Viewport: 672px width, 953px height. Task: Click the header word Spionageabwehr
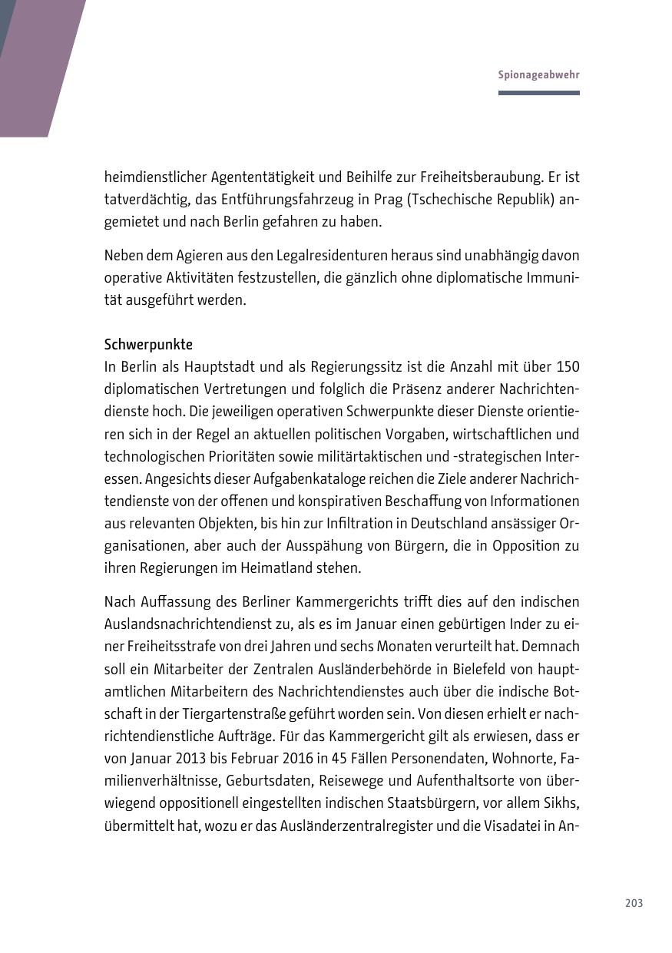point(538,75)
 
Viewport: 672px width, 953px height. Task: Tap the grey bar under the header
point(538,93)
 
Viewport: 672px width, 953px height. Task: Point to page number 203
point(634,903)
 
